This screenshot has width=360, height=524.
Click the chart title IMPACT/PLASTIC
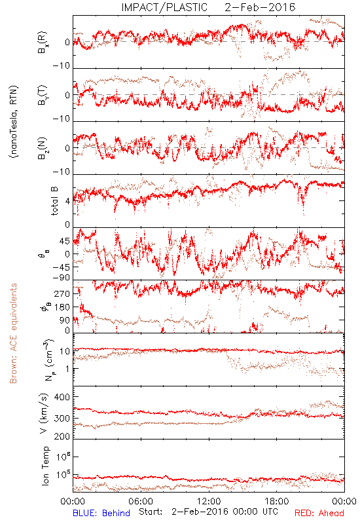(164, 7)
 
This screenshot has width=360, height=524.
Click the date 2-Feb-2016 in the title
(260, 7)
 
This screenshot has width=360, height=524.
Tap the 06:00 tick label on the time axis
(141, 501)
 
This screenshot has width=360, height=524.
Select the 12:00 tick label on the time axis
(209, 501)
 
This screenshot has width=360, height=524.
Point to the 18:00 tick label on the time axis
(277, 501)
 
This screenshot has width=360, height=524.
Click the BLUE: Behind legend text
(101, 513)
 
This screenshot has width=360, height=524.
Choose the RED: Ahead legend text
(319, 513)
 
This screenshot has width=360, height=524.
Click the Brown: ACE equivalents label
(13, 333)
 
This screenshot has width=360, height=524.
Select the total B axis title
(54, 201)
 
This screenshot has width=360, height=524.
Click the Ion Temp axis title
(45, 466)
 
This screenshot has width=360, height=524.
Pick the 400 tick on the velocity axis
(62, 397)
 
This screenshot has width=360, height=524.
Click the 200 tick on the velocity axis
(62, 436)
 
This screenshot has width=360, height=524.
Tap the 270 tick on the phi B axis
(62, 293)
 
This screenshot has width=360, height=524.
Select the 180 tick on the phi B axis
(62, 307)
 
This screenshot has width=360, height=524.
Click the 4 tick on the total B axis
(67, 201)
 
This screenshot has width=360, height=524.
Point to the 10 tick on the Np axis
(65, 351)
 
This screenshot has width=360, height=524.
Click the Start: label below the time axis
(151, 512)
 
